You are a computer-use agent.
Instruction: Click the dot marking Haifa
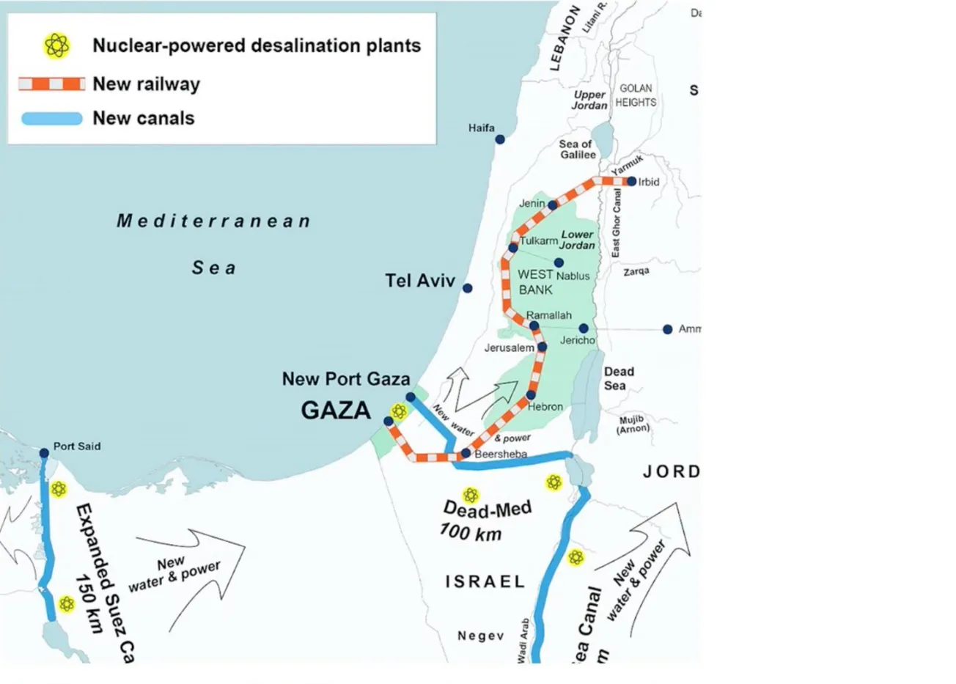(499, 139)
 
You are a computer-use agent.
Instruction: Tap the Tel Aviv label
(420, 281)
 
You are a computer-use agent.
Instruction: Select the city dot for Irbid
(632, 181)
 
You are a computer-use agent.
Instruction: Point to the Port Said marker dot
(44, 453)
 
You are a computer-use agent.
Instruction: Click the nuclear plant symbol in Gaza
(399, 411)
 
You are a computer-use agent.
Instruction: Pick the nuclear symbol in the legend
(56, 45)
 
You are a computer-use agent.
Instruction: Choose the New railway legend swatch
(51, 84)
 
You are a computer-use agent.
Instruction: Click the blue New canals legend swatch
(51, 119)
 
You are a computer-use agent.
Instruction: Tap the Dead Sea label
(618, 379)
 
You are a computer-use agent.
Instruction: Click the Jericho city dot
(584, 328)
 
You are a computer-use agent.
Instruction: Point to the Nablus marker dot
(559, 262)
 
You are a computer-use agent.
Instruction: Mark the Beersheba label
(501, 454)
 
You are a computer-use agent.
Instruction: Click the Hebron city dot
(531, 395)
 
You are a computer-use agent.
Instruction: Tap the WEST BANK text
(535, 282)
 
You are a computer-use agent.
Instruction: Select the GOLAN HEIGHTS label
(636, 95)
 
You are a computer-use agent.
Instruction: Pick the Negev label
(481, 636)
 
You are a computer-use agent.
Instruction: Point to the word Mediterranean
(213, 221)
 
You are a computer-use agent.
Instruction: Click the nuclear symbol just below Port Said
(59, 489)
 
